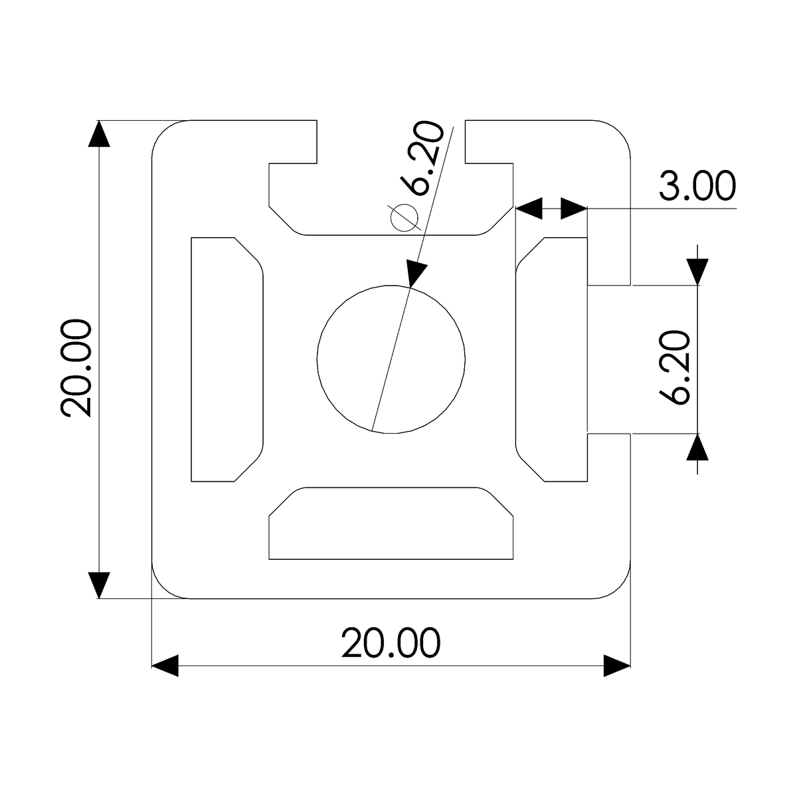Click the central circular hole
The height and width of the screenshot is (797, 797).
[391, 359]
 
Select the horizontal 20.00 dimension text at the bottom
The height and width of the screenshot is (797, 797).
[391, 643]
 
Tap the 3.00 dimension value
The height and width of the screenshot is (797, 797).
[697, 187]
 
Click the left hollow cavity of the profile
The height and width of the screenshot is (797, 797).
[226, 359]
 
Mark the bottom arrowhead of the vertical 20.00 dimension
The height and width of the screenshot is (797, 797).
[99, 585]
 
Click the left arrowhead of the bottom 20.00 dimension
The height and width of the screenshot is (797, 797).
[165, 665]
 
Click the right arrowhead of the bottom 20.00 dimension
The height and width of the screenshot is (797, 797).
[616, 665]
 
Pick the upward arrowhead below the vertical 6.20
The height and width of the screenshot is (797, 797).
[697, 447]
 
